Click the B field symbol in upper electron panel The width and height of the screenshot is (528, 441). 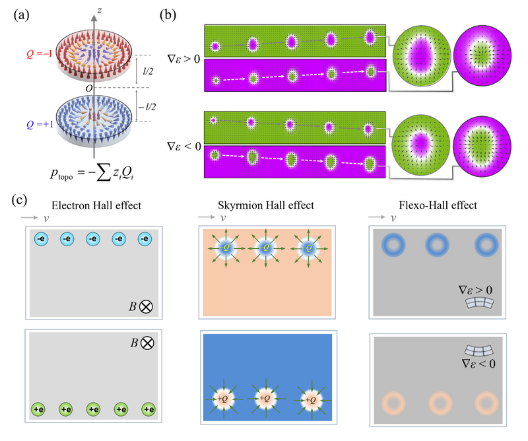pos(141,306)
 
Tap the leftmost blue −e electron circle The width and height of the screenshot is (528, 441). pos(41,243)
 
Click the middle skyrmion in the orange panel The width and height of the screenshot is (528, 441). pos(265,248)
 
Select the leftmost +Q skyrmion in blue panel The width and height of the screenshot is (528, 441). pos(220,399)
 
